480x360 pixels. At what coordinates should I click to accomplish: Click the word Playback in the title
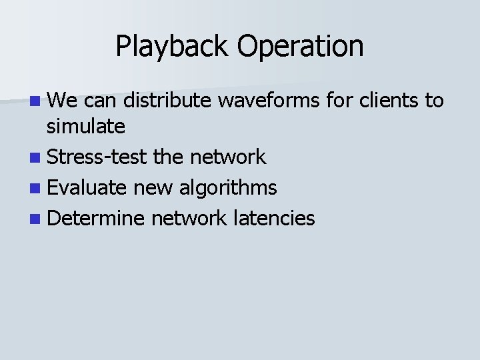[161, 47]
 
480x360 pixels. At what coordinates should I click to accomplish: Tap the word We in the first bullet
[63, 101]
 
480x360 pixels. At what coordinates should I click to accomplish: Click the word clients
[386, 101]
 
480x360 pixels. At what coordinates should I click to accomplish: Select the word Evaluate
[87, 188]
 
